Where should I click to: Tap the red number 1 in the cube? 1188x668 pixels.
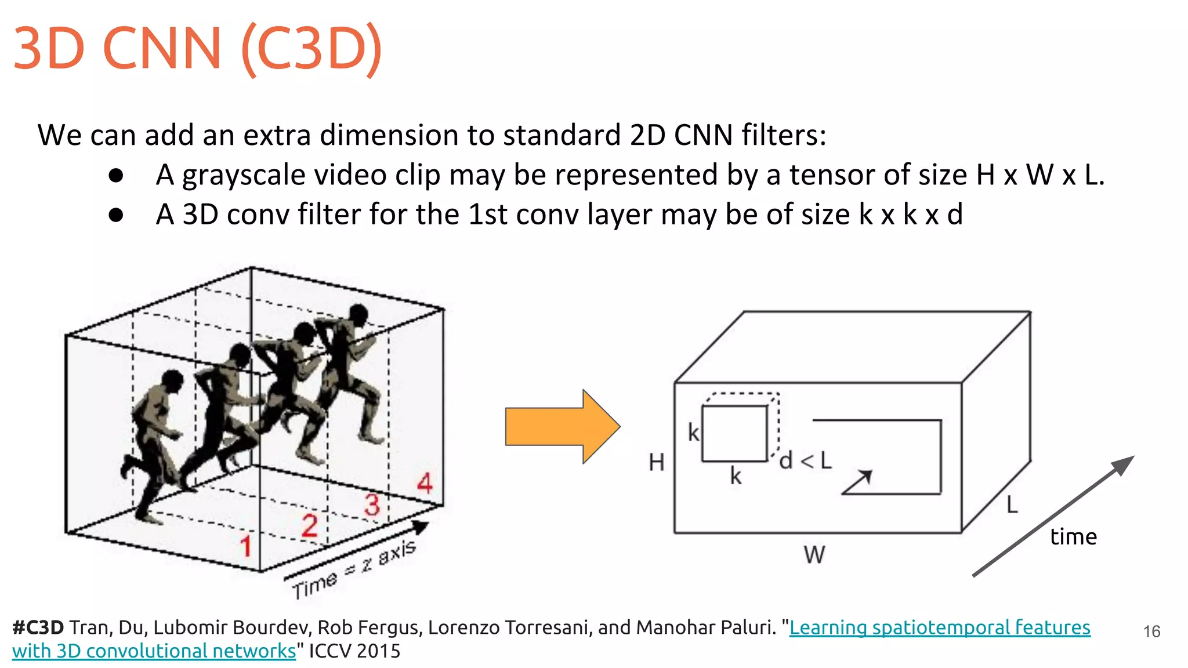coord(246,546)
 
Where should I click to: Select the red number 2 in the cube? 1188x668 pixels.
coord(309,525)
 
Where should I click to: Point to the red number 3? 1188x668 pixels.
coord(372,504)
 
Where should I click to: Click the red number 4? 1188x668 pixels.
coord(425,483)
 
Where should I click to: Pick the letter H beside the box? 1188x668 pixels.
coord(656,463)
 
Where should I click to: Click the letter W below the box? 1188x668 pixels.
coord(814,555)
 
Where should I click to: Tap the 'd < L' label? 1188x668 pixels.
coord(805,461)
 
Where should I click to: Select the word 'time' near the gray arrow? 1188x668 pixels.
coord(1073,537)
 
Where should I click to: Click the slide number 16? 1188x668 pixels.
coord(1151,631)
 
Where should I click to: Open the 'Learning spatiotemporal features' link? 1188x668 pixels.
coord(939,627)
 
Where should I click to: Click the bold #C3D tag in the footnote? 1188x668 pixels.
coord(38,627)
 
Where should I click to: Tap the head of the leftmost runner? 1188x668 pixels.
coord(172,381)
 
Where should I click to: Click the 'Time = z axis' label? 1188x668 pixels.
coord(354,570)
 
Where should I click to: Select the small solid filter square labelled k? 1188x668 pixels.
coord(734,433)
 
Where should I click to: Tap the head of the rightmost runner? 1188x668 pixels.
coord(358,315)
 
